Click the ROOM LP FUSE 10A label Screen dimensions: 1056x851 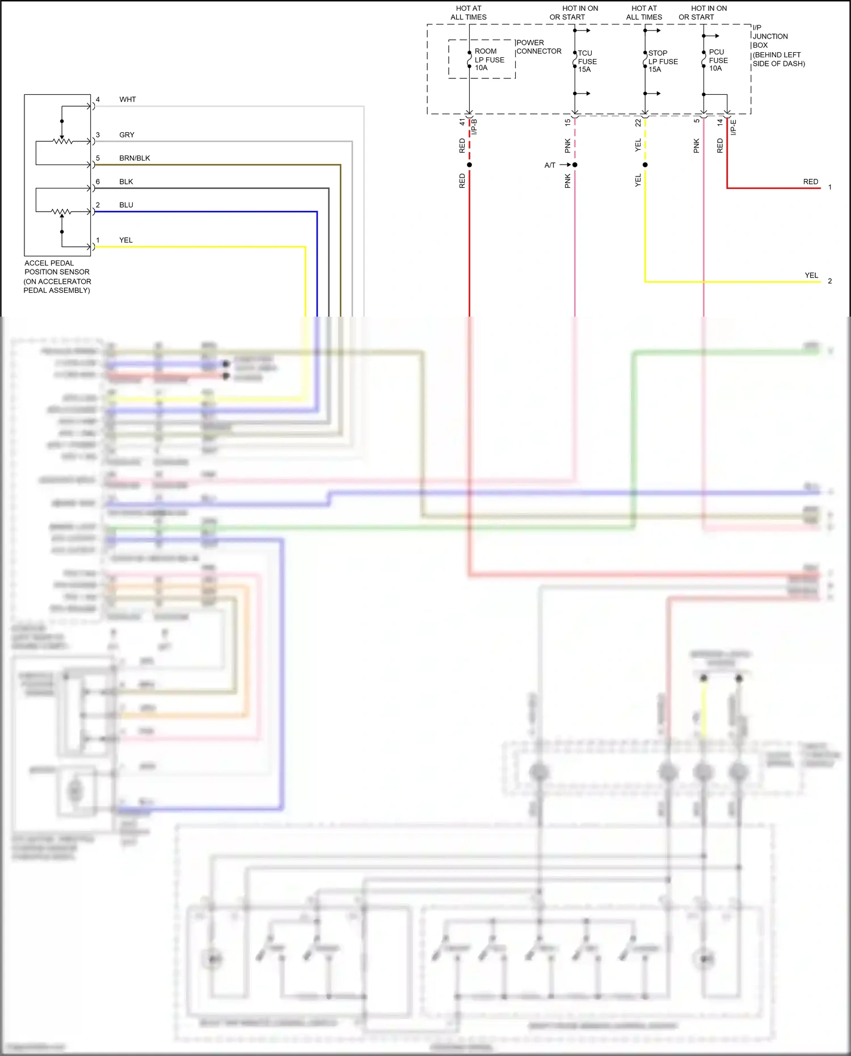pyautogui.click(x=488, y=60)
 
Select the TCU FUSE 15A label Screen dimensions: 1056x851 pyautogui.click(x=587, y=61)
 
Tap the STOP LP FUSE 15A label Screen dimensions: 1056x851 pyautogui.click(x=662, y=61)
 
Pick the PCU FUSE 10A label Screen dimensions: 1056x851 pyautogui.click(x=718, y=60)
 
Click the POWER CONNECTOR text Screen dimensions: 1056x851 pyautogui.click(x=538, y=47)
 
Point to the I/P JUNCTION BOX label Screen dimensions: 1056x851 pyautogui.click(x=778, y=45)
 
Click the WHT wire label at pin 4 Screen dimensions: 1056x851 pyautogui.click(x=128, y=99)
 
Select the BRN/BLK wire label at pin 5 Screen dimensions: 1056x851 pyautogui.click(x=134, y=158)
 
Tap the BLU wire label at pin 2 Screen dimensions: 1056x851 pyautogui.click(x=126, y=205)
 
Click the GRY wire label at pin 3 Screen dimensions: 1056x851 pyautogui.click(x=127, y=135)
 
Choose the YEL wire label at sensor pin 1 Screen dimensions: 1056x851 pyautogui.click(x=125, y=240)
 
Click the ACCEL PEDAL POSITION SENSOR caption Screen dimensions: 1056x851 pyautogui.click(x=57, y=276)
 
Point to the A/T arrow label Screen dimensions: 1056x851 pyautogui.click(x=550, y=165)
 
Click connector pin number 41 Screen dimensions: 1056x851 pyautogui.click(x=462, y=121)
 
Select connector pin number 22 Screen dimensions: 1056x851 pyautogui.click(x=638, y=122)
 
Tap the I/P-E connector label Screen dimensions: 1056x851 pyautogui.click(x=733, y=127)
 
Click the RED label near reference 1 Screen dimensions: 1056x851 pyautogui.click(x=810, y=182)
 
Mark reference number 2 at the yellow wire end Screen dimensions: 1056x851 pyautogui.click(x=829, y=281)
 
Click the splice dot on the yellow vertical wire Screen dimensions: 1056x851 pyautogui.click(x=645, y=165)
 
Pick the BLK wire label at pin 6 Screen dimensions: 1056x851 pyautogui.click(x=126, y=182)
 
